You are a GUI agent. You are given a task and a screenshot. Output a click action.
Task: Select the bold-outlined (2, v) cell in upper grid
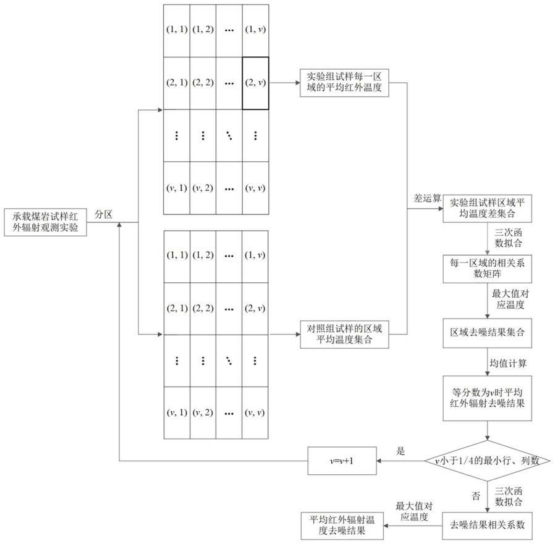pos(255,83)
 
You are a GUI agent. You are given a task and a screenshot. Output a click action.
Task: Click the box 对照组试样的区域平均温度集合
pos(336,333)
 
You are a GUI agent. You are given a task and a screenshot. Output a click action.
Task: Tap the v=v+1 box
pos(343,461)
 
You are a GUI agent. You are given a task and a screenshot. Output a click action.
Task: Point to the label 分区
pos(103,213)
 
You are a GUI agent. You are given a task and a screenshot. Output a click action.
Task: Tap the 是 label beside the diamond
pos(400,451)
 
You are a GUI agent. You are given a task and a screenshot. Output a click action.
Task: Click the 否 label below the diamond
pos(477,494)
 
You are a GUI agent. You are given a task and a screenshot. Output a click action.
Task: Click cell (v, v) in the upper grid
pos(255,188)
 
